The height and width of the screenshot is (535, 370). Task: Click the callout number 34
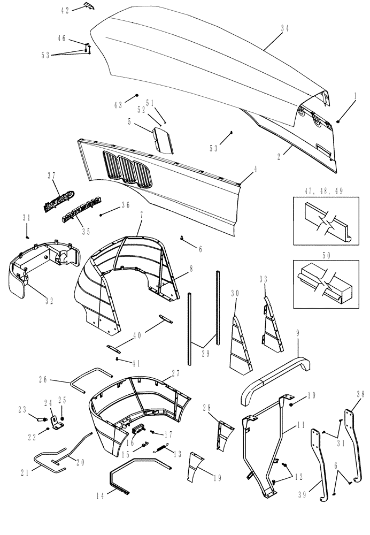tap(284, 30)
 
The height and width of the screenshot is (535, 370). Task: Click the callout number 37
tap(52, 175)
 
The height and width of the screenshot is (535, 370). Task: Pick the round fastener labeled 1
tap(338, 121)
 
